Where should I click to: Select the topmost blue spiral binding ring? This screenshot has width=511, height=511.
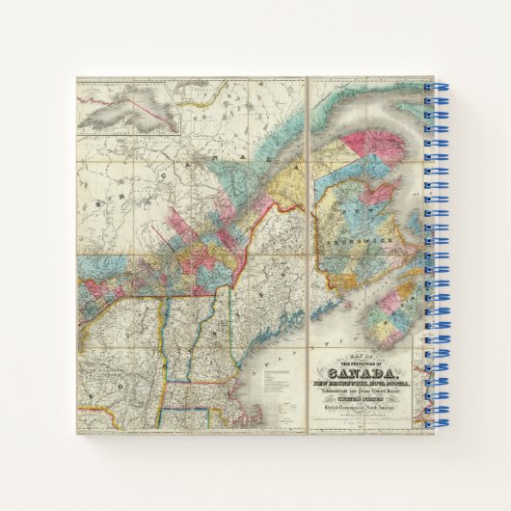tap(434, 88)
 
